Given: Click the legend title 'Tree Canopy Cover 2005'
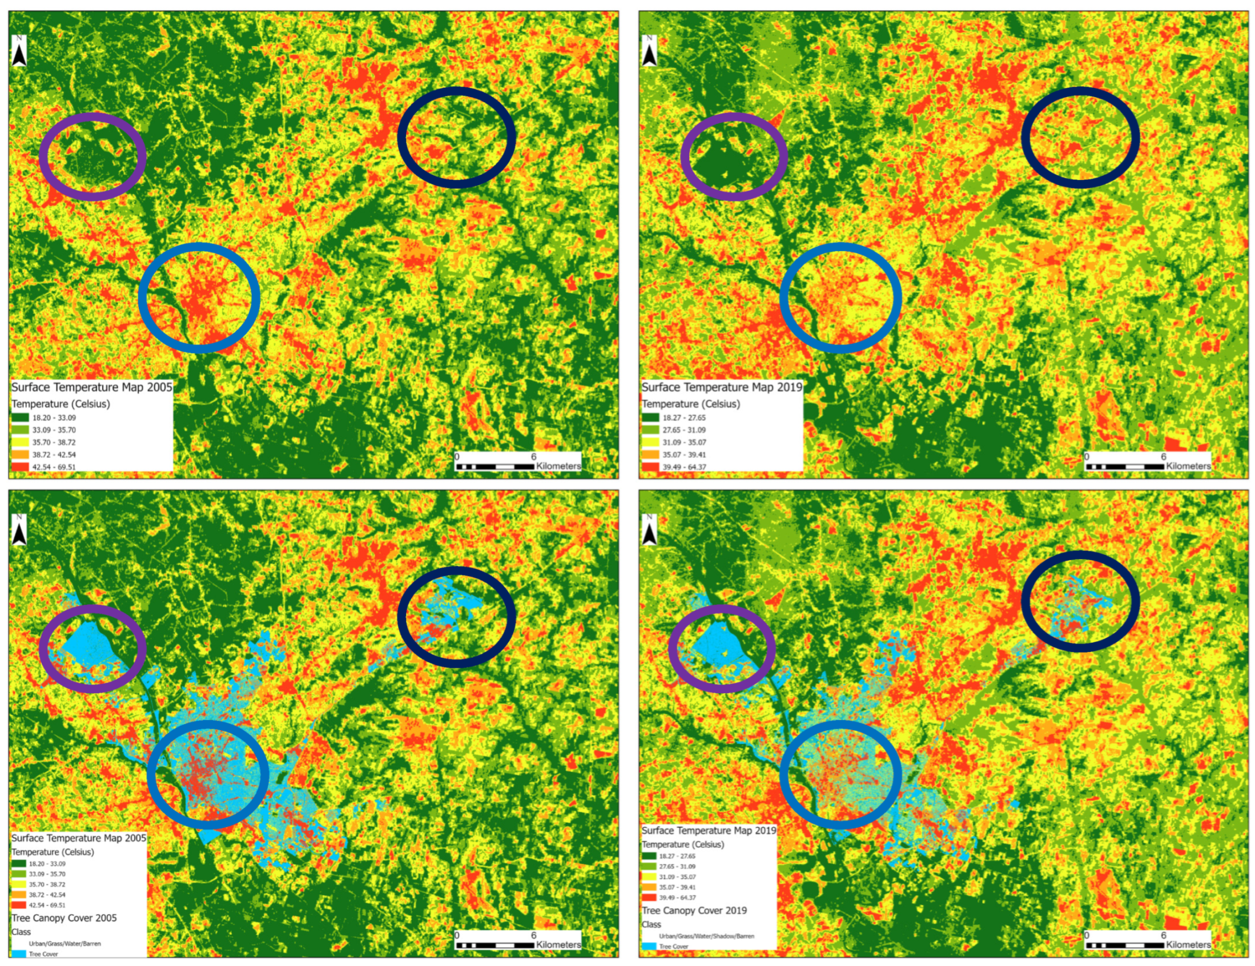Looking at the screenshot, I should [x=64, y=917].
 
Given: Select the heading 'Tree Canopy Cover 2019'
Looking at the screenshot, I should [x=694, y=910].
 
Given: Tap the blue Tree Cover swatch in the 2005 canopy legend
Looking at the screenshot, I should [x=19, y=954].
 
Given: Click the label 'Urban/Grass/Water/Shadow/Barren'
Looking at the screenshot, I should [x=706, y=936].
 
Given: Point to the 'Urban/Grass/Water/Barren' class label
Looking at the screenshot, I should [x=65, y=944].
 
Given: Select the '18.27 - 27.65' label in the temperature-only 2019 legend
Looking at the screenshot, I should [x=684, y=418].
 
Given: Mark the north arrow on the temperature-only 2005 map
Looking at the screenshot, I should [x=19, y=52].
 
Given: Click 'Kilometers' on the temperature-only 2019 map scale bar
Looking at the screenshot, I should [x=1188, y=466].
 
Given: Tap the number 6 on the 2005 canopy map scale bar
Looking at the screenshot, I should [x=533, y=935].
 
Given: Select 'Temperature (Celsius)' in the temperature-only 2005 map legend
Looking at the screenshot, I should [x=61, y=404].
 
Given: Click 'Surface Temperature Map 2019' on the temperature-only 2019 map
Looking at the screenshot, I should [x=722, y=387].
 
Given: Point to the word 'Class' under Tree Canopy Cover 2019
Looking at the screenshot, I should [x=651, y=924].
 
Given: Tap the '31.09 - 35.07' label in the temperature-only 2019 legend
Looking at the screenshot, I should [x=684, y=442].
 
